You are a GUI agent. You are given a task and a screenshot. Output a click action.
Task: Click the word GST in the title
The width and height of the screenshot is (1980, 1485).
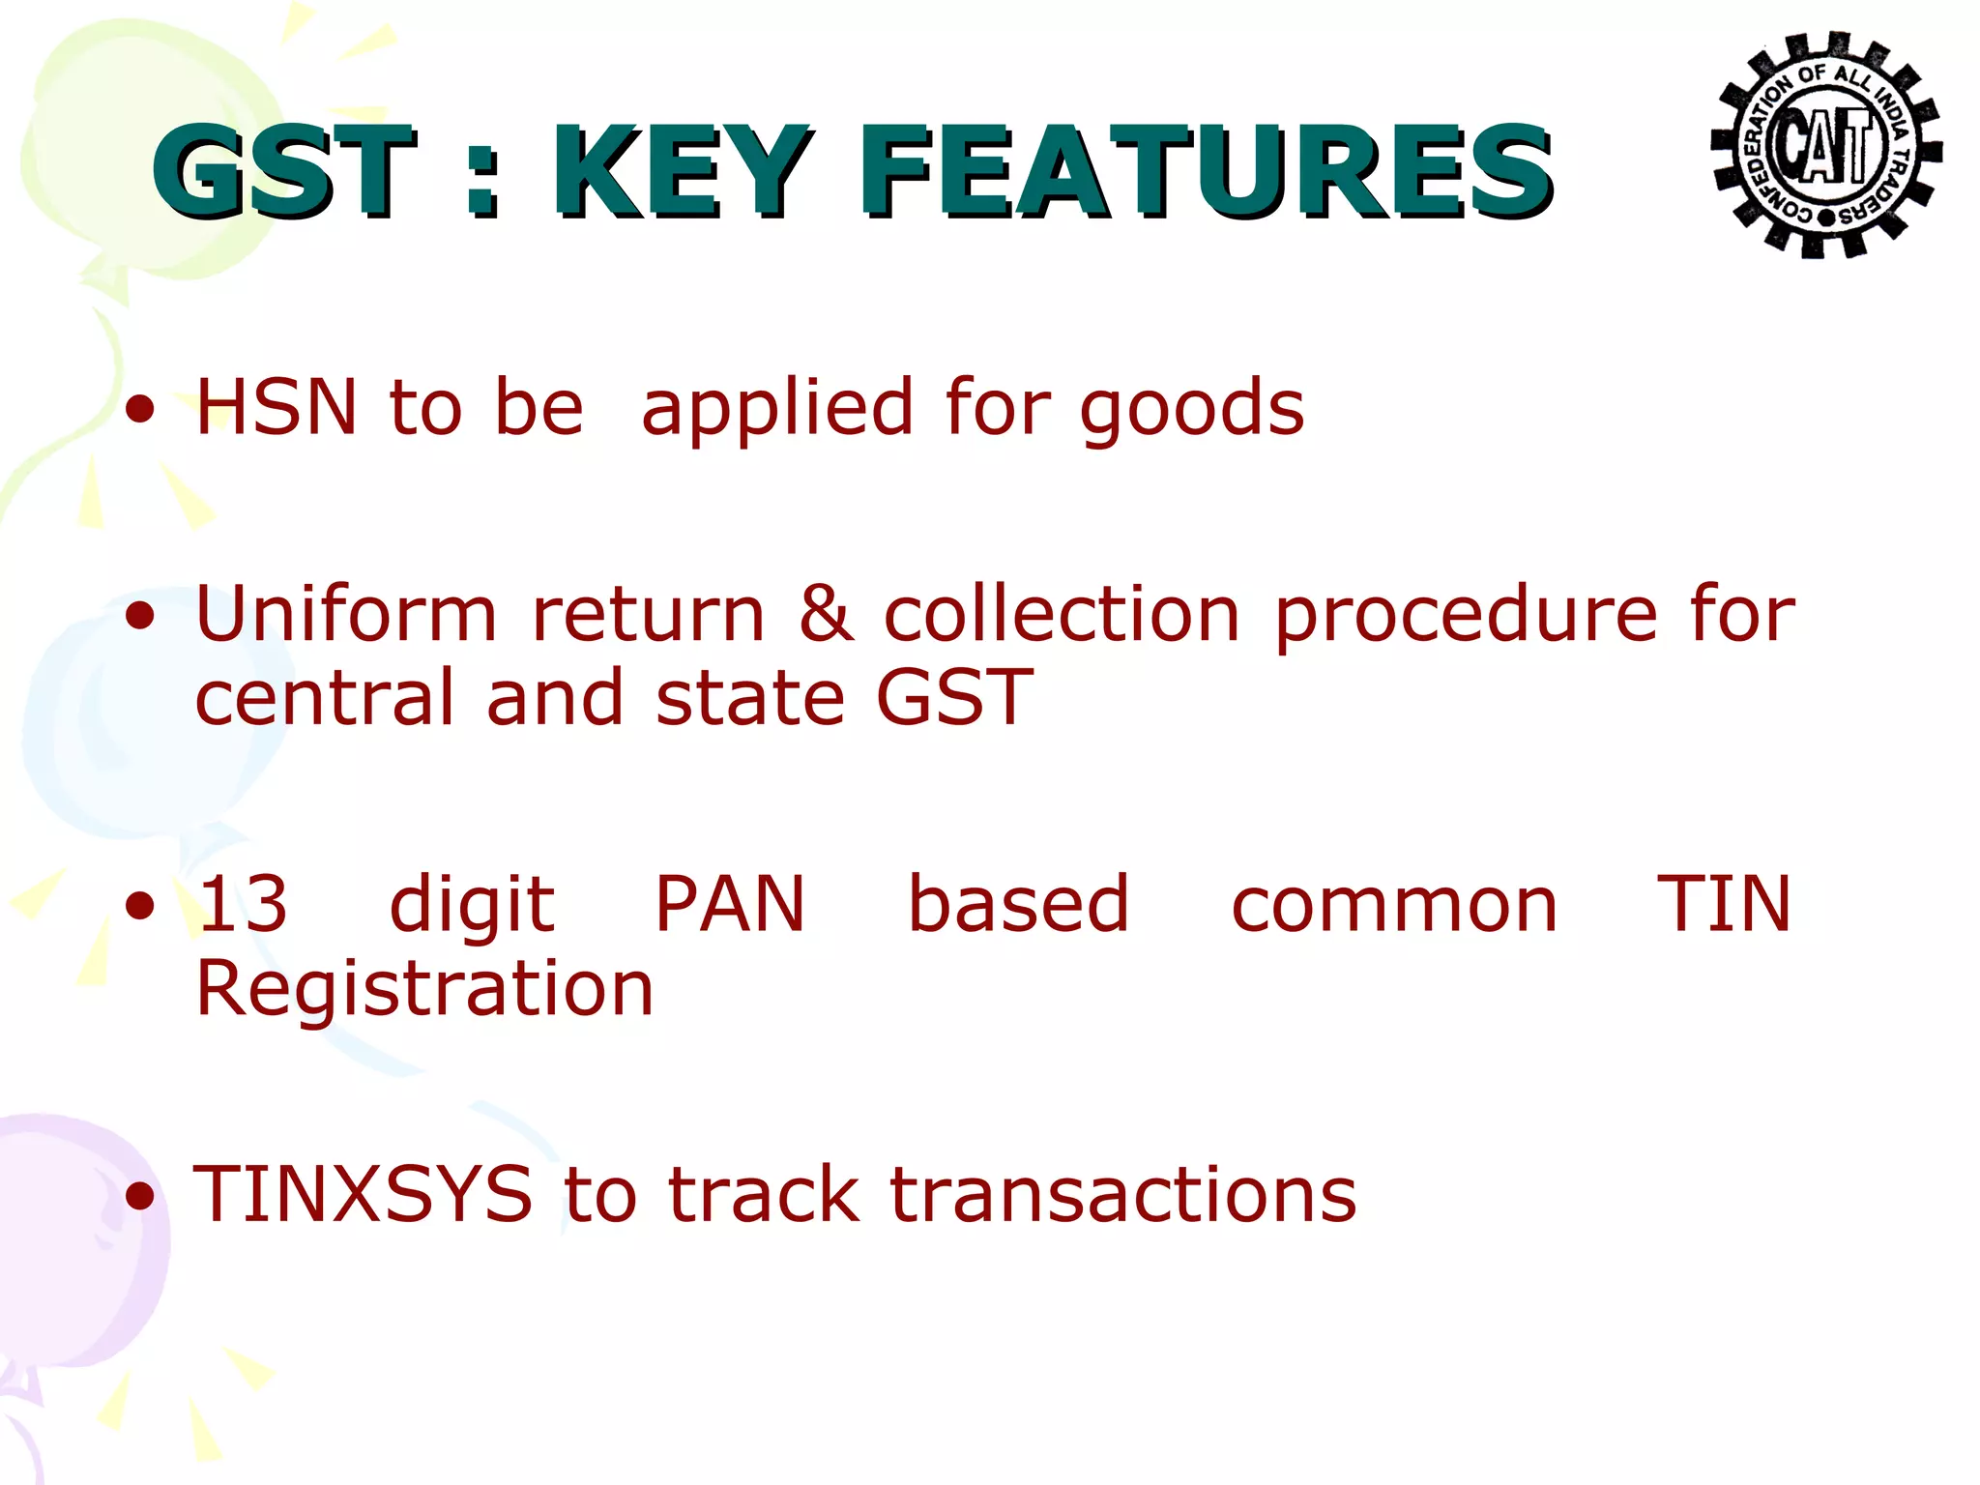click(x=283, y=172)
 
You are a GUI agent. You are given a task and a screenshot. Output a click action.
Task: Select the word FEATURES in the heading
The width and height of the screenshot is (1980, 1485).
click(x=1206, y=172)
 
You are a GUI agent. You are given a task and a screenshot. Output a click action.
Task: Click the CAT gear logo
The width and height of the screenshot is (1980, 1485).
click(x=1825, y=145)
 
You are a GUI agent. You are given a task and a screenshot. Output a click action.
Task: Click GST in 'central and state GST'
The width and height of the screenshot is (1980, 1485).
click(x=953, y=697)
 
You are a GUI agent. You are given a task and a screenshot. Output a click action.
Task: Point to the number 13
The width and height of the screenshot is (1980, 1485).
click(x=243, y=904)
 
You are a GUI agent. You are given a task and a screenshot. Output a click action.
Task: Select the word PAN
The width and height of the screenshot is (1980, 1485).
click(x=730, y=904)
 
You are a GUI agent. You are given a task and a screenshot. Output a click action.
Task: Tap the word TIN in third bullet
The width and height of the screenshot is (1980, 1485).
click(x=1724, y=904)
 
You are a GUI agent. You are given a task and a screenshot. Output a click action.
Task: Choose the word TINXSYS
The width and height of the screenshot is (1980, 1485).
click(x=364, y=1195)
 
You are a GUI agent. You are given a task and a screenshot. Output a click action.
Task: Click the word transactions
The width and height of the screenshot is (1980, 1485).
click(x=1122, y=1195)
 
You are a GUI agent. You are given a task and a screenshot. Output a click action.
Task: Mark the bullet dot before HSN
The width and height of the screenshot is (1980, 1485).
click(x=141, y=410)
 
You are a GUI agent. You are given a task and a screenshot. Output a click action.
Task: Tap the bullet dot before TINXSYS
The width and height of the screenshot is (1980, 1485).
click(x=141, y=1197)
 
